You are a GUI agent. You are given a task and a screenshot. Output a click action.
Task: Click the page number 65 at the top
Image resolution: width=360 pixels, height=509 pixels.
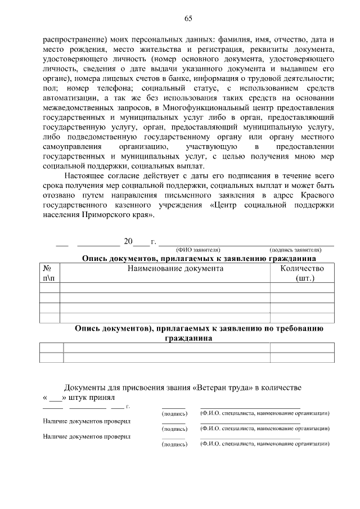188,19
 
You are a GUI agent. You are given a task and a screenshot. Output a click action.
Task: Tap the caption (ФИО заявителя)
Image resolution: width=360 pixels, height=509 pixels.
197,250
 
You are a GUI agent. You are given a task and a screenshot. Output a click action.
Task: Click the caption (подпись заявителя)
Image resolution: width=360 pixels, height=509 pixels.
295,250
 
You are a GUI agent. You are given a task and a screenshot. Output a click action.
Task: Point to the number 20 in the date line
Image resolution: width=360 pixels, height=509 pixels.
128,242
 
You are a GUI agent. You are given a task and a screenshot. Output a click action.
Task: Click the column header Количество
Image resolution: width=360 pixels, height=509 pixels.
302,268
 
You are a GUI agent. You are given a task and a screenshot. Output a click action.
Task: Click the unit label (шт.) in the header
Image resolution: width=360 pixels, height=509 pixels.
304,278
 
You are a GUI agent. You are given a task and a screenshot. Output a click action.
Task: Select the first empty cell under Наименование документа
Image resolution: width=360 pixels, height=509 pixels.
164,287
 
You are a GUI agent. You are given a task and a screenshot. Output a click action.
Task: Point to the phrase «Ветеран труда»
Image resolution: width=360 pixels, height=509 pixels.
223,388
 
